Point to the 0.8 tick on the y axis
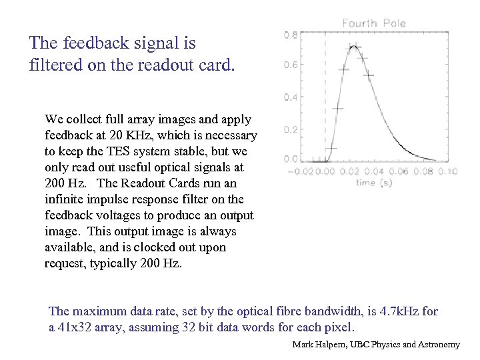pos(291,35)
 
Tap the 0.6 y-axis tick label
pos(291,65)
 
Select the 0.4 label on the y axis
pos(291,97)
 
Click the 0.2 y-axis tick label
pos(291,129)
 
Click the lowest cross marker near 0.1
pos(331,147)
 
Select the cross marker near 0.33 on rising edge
pos(337,107)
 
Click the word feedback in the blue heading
pos(93,43)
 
